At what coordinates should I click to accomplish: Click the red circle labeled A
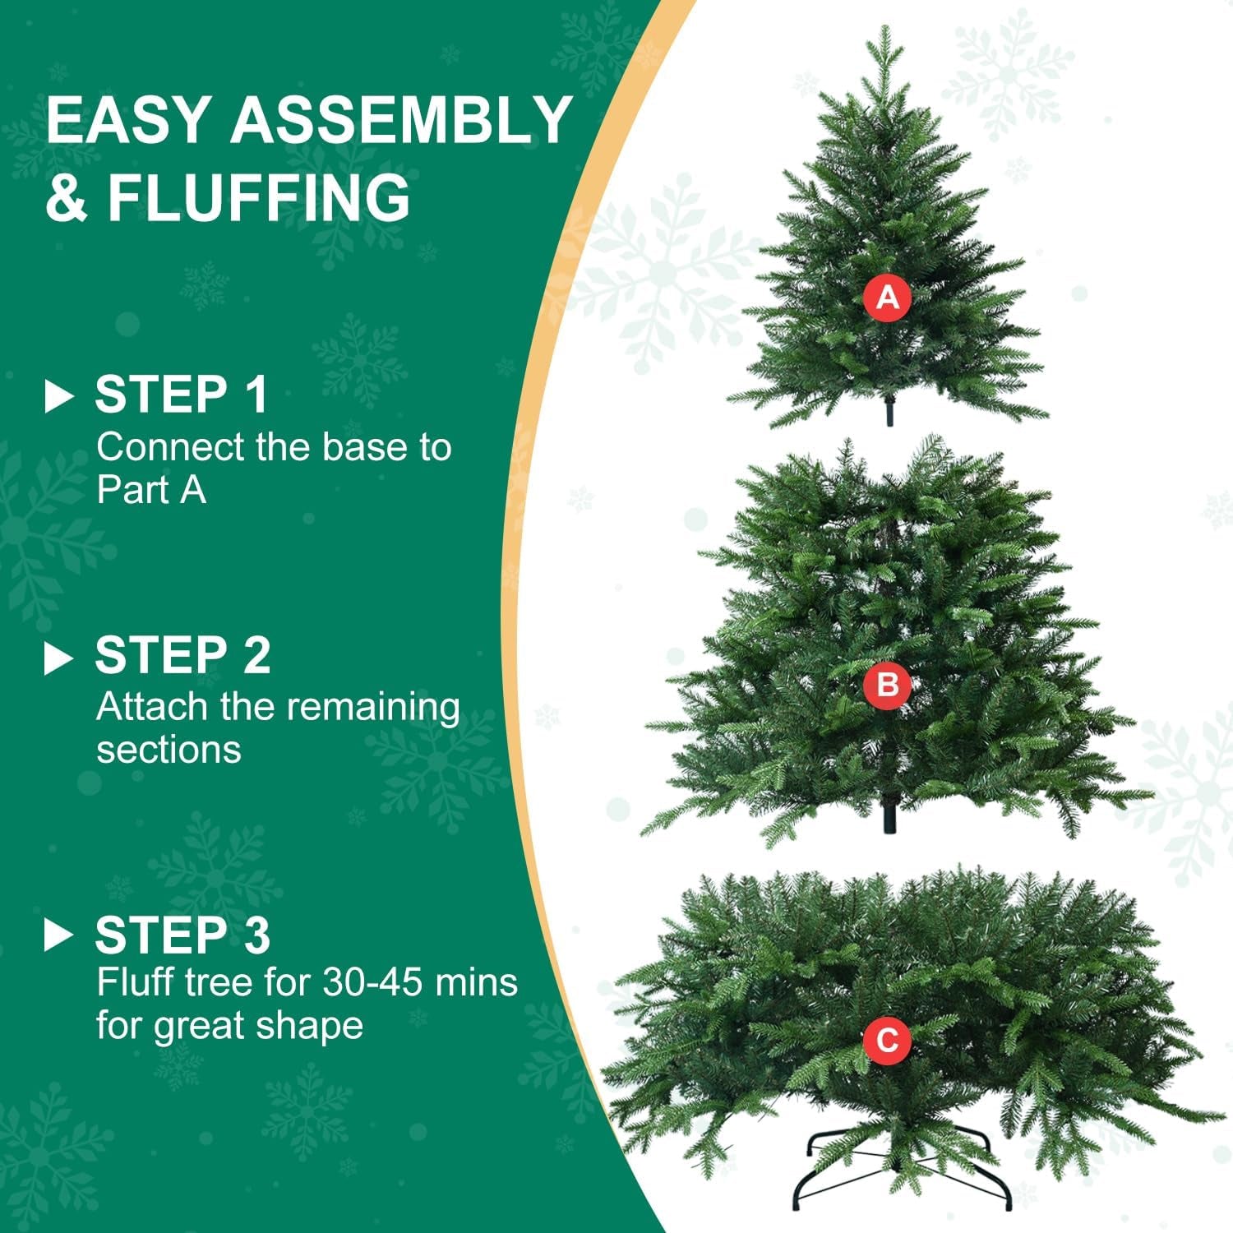click(x=887, y=297)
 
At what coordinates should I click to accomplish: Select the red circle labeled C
click(x=887, y=1040)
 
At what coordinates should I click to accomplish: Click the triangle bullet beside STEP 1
click(x=58, y=396)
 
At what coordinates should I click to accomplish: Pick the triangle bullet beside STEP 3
click(x=58, y=935)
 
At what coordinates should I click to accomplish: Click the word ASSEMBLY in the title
click(x=400, y=120)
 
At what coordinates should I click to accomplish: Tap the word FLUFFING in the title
click(x=259, y=197)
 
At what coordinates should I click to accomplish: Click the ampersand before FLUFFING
click(x=66, y=197)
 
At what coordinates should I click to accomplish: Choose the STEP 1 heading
click(x=182, y=395)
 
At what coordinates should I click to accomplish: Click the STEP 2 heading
click(x=182, y=656)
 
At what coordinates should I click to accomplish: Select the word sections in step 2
click(x=169, y=750)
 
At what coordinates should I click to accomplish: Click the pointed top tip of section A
click(x=885, y=31)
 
